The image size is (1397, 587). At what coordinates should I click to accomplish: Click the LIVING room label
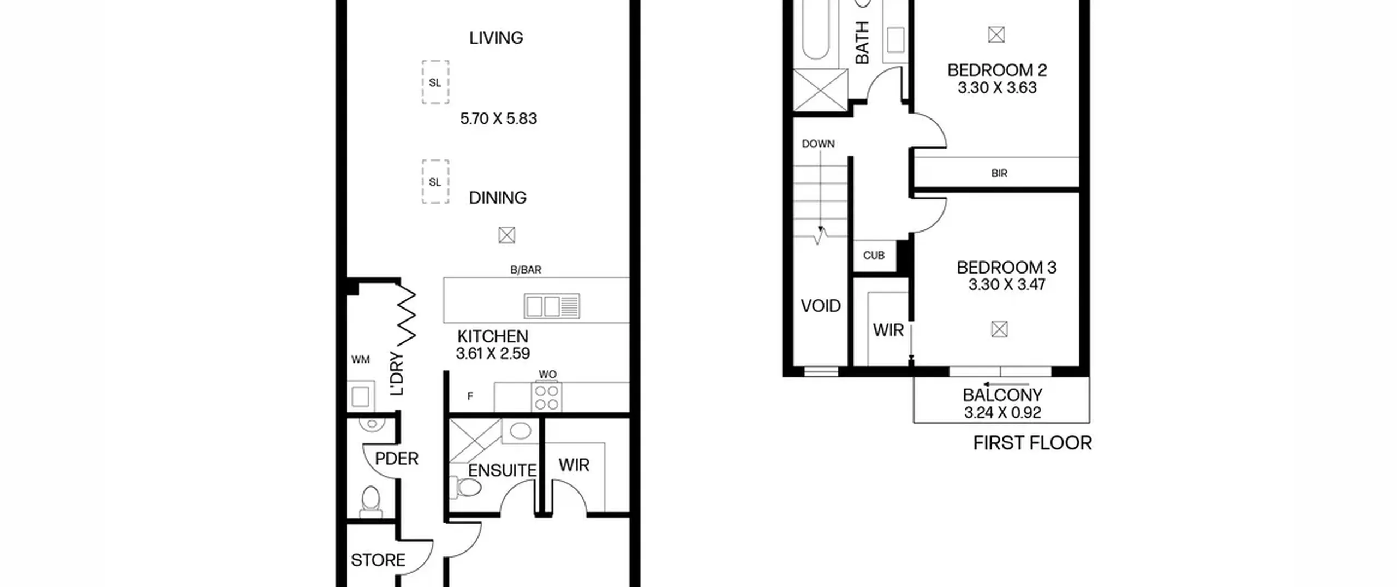[496, 38]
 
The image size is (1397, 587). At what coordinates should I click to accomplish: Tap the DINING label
[498, 198]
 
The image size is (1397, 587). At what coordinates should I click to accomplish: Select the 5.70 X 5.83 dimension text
[498, 118]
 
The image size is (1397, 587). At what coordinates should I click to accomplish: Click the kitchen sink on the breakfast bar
[552, 306]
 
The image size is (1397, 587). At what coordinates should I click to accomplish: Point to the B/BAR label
[526, 270]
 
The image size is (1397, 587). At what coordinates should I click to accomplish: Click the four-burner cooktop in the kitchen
[546, 397]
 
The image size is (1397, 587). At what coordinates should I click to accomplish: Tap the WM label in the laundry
[361, 359]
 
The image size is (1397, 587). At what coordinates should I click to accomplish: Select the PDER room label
[397, 459]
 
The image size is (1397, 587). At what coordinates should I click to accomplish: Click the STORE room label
[378, 560]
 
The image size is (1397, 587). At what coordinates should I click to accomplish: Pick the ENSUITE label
[502, 471]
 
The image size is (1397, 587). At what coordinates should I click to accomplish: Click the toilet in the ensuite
[464, 487]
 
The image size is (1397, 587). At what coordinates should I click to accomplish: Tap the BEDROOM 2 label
[997, 70]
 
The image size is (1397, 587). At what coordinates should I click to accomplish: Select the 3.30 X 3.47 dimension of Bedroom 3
[1007, 284]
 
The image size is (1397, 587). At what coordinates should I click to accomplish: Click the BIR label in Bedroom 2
[999, 174]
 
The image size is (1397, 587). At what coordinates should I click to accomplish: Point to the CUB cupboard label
[874, 256]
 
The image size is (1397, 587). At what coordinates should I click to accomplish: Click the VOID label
[821, 306]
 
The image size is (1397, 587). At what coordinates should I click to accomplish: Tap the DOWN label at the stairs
[818, 144]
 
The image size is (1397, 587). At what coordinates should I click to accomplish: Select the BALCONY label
[1002, 395]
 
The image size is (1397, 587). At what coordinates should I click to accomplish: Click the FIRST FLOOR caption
[1032, 443]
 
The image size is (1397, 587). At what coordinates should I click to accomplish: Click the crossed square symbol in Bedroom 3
[999, 329]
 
